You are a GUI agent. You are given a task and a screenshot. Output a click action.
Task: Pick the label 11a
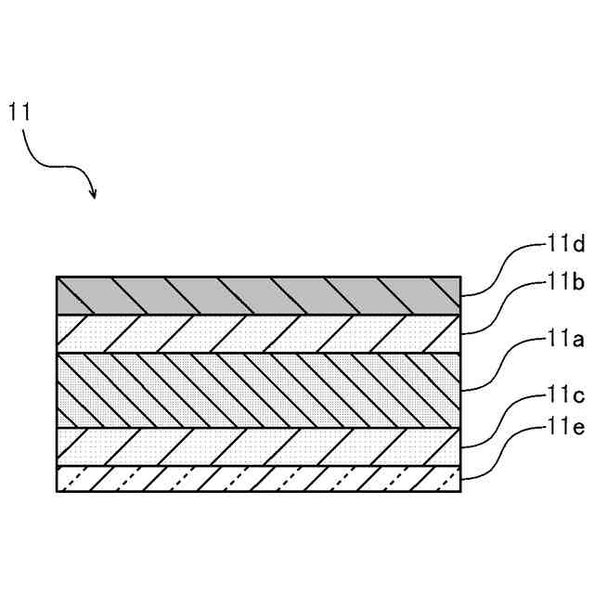[x=564, y=341]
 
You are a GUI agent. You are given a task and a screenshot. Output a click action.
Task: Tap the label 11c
[x=564, y=399]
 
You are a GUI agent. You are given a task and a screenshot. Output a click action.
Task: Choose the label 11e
[x=564, y=430]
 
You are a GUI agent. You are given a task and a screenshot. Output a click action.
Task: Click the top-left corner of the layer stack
[x=57, y=277]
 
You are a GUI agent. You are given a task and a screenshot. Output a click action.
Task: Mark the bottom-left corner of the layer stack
[x=57, y=491]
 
